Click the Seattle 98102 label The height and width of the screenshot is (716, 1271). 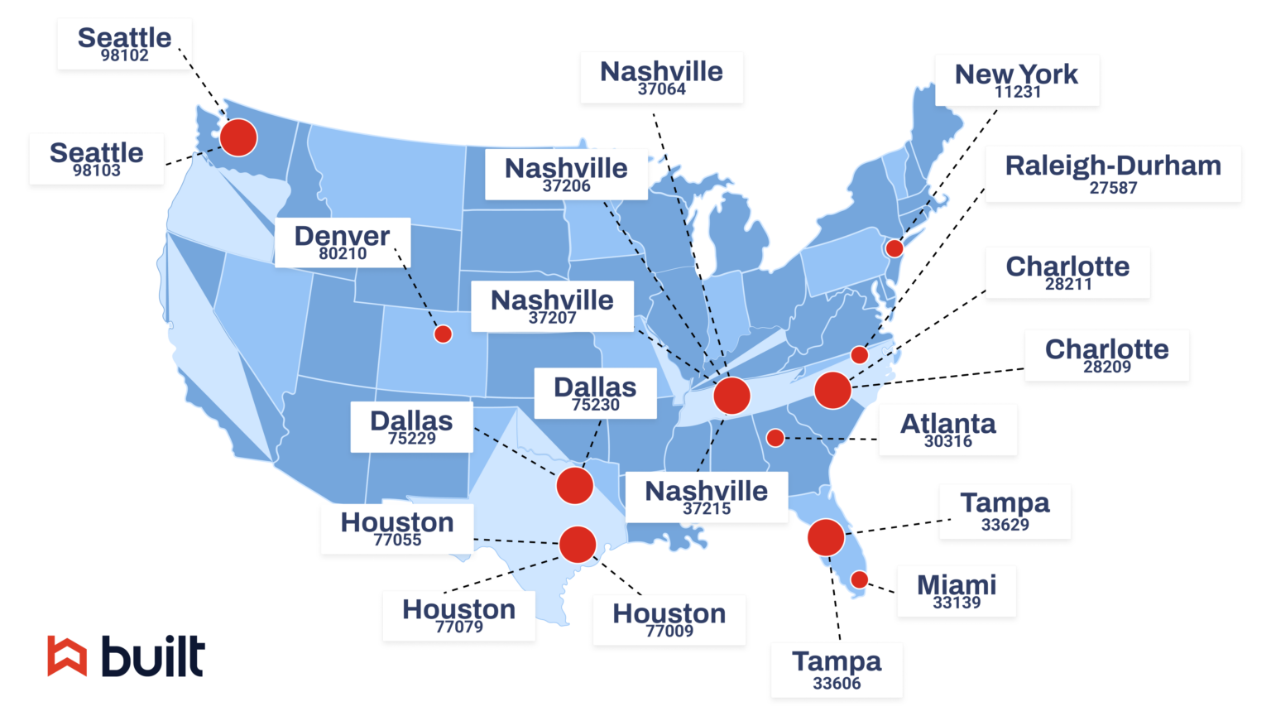point(124,44)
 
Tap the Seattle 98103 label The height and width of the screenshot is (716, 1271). point(96,159)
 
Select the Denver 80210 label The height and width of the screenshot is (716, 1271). point(342,243)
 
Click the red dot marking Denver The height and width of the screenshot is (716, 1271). point(443,334)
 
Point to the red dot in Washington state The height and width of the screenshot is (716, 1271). point(238,137)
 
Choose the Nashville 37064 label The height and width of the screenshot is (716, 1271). point(661,78)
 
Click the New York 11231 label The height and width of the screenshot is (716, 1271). point(1017,80)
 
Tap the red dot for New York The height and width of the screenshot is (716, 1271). point(894,248)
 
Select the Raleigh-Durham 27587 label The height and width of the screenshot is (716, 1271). point(1113,174)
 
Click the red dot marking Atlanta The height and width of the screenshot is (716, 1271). point(775,438)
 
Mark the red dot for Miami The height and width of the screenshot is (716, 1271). point(860,580)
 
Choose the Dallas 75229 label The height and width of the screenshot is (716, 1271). point(411,427)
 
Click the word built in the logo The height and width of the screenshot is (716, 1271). point(153,656)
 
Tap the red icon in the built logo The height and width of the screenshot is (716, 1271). point(67,656)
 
